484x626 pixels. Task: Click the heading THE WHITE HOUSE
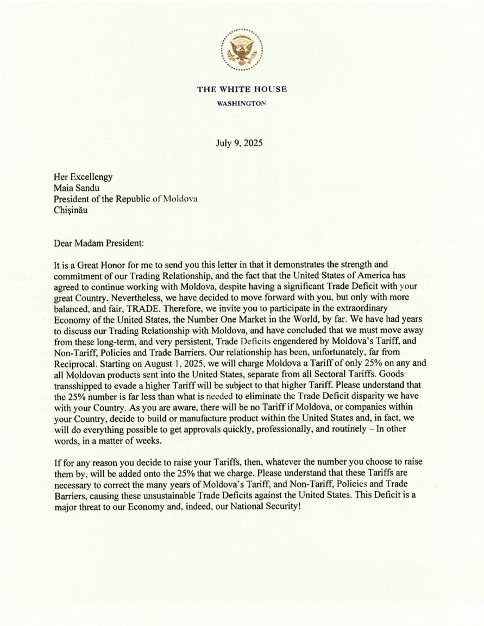(242, 89)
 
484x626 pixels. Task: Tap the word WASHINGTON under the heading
(242, 103)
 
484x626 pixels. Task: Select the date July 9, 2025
(240, 144)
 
